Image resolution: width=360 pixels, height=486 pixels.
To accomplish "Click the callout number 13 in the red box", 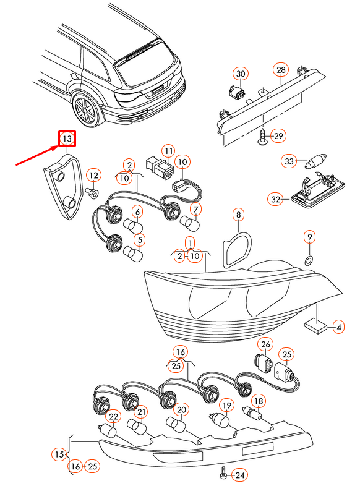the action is tap(67, 139).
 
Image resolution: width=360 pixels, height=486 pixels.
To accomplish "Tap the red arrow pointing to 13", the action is tap(38, 156).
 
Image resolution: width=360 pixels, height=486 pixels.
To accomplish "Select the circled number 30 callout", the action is tap(241, 74).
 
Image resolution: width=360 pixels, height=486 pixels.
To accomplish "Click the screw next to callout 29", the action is tap(262, 137).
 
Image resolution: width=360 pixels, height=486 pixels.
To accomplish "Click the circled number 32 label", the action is tap(275, 199).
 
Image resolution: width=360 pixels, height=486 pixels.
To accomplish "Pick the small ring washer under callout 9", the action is tap(309, 261).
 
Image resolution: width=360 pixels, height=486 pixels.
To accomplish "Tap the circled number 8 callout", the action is tap(238, 215).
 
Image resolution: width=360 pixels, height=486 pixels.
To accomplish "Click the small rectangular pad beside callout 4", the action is tap(316, 326).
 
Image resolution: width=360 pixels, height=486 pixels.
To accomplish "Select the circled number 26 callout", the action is tap(265, 344).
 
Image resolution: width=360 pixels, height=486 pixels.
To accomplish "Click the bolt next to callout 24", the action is tap(223, 472).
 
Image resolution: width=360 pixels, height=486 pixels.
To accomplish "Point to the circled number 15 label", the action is tap(59, 454).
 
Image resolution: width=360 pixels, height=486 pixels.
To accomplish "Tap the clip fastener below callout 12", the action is tap(92, 193).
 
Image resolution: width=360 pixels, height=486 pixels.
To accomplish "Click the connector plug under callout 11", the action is tap(160, 168).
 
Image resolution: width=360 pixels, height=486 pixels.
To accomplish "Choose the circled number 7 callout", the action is tap(195, 210).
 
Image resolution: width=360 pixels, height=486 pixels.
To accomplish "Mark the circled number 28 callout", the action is tap(281, 70).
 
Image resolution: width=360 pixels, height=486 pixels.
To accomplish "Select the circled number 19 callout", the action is tap(226, 406).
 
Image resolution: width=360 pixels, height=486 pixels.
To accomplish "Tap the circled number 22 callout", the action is tap(113, 417).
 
